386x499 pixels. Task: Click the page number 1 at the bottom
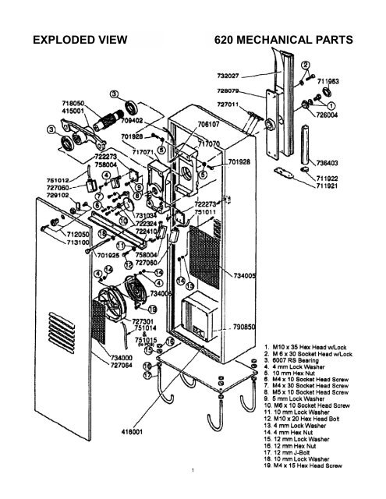click(193, 490)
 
